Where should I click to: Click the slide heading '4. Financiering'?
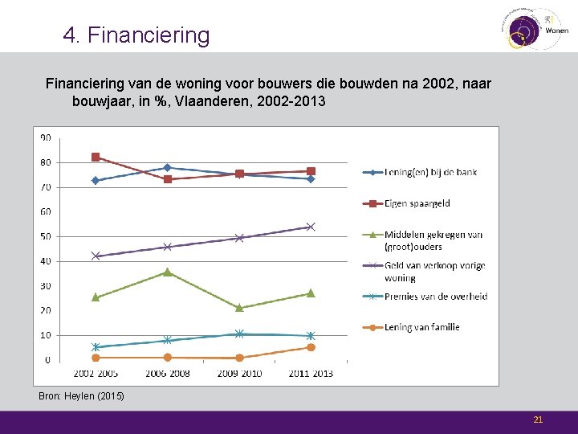(136, 35)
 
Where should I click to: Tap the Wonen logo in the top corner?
(535, 28)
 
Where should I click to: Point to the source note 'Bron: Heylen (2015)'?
(81, 396)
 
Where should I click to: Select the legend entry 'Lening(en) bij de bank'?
(431, 172)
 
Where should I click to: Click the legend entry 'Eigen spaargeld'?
(417, 204)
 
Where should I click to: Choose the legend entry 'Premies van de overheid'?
(436, 296)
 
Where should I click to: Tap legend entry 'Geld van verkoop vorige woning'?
(434, 272)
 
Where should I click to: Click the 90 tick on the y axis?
(46, 137)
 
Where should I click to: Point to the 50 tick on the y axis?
(46, 236)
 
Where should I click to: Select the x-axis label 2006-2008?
(167, 374)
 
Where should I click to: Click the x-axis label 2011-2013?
(310, 374)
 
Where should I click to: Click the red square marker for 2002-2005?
(96, 157)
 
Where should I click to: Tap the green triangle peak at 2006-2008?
(167, 272)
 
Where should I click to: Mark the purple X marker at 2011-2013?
(311, 227)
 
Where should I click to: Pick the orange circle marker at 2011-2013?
(311, 347)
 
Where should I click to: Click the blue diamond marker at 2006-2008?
(167, 167)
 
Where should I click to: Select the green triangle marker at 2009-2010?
(239, 307)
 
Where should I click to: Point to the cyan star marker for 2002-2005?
(96, 347)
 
